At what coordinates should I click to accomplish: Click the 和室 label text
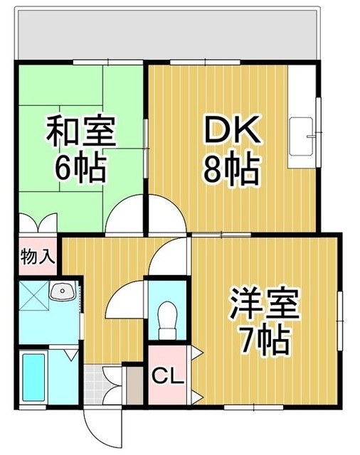click(x=80, y=133)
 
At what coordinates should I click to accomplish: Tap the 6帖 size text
click(x=80, y=168)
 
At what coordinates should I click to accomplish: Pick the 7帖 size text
click(x=264, y=342)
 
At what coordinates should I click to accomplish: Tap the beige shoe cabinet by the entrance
click(x=133, y=385)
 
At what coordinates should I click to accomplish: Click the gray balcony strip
click(x=168, y=36)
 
